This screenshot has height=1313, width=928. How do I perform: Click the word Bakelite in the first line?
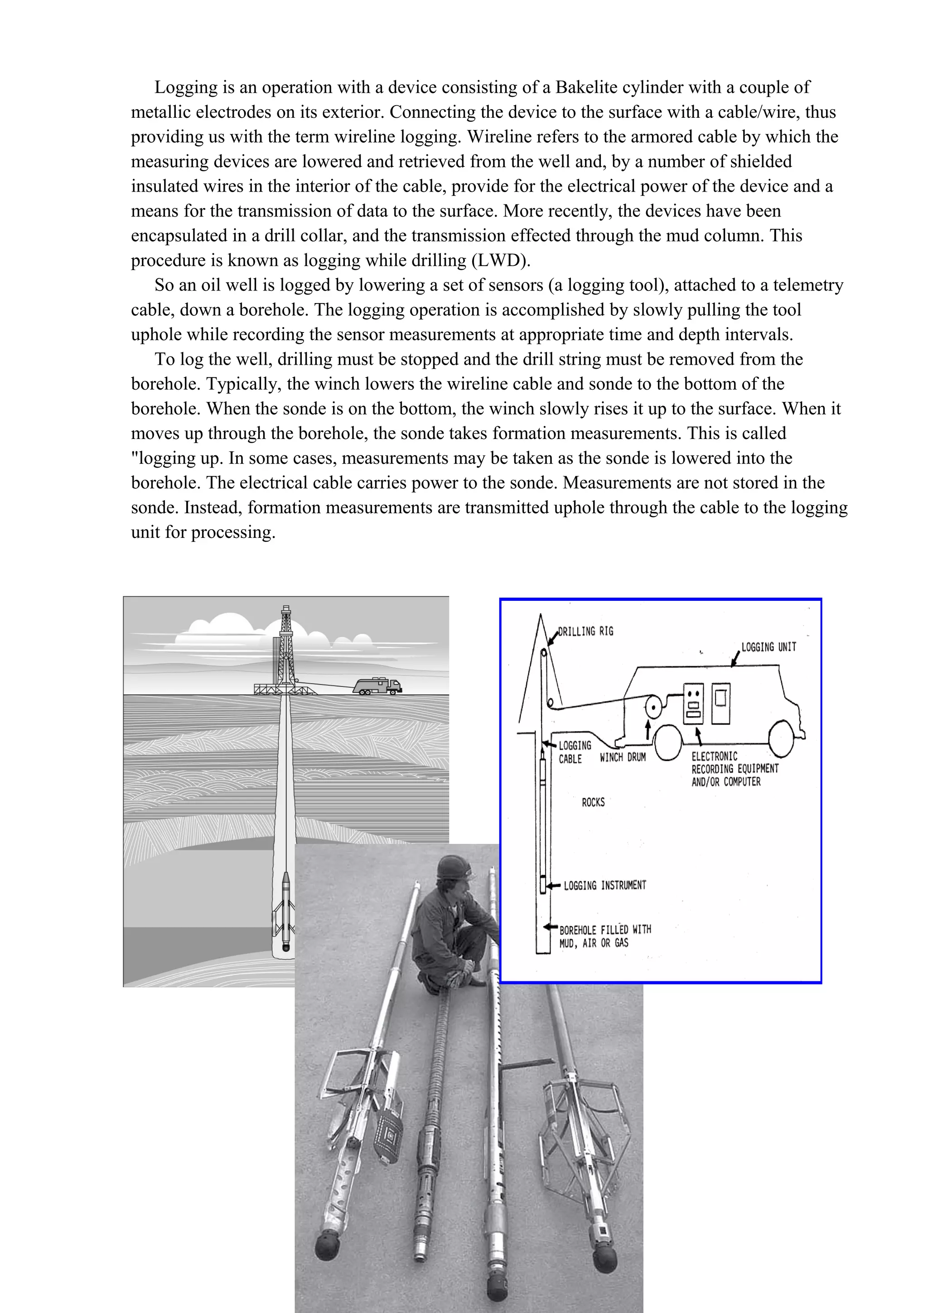[x=586, y=87]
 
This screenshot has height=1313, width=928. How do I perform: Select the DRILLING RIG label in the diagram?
[x=585, y=631]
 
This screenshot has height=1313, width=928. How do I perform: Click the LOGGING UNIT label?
[x=768, y=647]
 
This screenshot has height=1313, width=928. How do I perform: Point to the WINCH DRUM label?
[x=623, y=757]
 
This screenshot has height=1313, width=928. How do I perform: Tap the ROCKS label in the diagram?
[x=593, y=802]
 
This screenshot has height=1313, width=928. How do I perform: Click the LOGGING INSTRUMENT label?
[x=605, y=885]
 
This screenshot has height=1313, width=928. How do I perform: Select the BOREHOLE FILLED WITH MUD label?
[x=605, y=936]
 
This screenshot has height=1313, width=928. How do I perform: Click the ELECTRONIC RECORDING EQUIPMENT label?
[x=735, y=769]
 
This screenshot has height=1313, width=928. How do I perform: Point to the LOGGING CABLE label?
[x=574, y=752]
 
